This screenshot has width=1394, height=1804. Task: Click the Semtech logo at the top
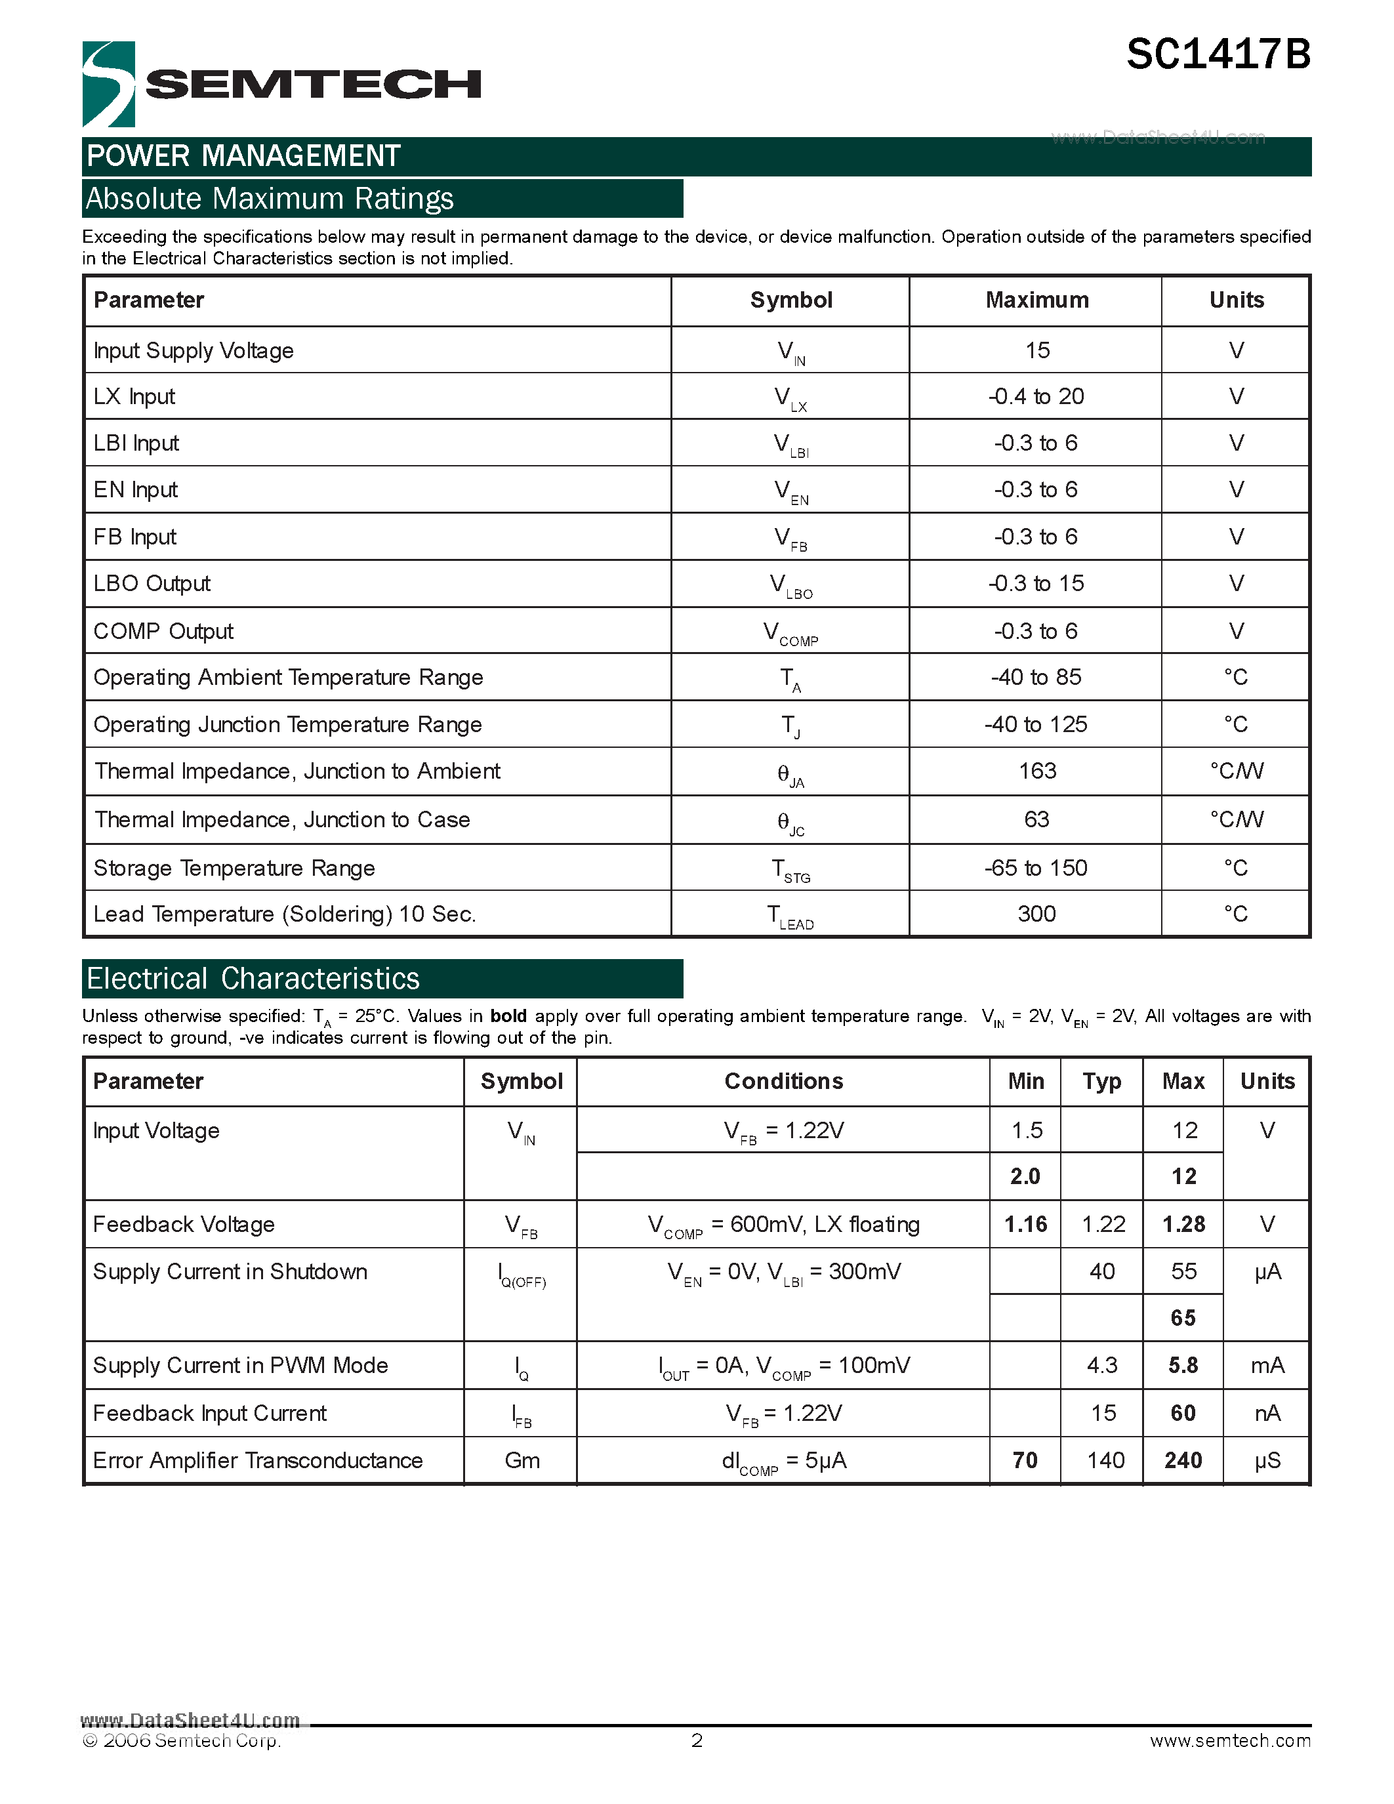click(281, 84)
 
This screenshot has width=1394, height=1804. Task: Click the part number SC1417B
click(1218, 55)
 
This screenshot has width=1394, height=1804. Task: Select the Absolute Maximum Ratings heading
click(270, 199)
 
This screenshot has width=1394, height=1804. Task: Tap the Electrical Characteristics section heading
click(253, 979)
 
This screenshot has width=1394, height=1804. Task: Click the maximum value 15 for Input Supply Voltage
click(1037, 350)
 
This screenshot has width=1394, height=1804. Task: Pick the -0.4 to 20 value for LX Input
click(1036, 396)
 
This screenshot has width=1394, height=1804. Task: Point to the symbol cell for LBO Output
click(790, 584)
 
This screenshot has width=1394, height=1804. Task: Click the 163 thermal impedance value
click(1037, 771)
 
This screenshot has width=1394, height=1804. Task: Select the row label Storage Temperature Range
click(234, 868)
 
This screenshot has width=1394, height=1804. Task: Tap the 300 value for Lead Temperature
click(1036, 914)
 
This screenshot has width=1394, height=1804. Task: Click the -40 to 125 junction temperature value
click(1036, 724)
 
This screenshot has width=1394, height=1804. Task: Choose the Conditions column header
click(783, 1081)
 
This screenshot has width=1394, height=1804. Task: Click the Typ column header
click(1101, 1081)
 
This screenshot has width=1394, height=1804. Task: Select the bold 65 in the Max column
click(1183, 1317)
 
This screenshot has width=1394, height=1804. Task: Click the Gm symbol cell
click(522, 1460)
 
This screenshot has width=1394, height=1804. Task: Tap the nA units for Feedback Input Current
click(1267, 1413)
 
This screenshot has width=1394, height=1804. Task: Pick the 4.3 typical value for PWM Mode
click(1101, 1365)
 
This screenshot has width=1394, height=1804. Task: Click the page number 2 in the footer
click(697, 1740)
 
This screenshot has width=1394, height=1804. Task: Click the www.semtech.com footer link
click(1229, 1740)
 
